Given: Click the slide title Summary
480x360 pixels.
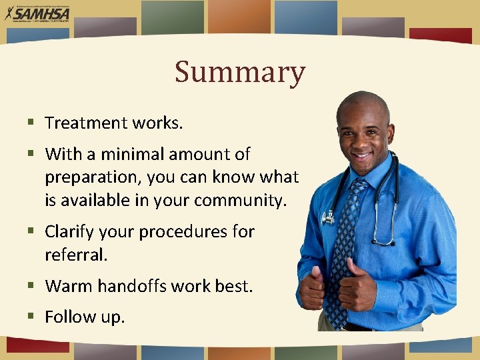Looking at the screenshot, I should point(240,72).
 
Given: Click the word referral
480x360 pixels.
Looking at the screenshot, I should point(74,255).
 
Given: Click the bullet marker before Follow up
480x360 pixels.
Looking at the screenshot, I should point(31,317).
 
